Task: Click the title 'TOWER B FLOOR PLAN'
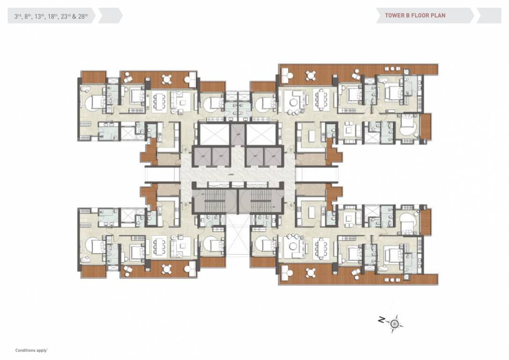coord(415,15)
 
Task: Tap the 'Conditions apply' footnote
coord(32,350)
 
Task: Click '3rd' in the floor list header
coord(18,15)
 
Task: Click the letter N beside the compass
coord(382,320)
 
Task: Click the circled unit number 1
coord(291,150)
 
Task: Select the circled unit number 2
coord(291,205)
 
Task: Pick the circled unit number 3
coord(186,205)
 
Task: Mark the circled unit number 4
coord(186,150)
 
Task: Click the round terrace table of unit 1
coord(311,75)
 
